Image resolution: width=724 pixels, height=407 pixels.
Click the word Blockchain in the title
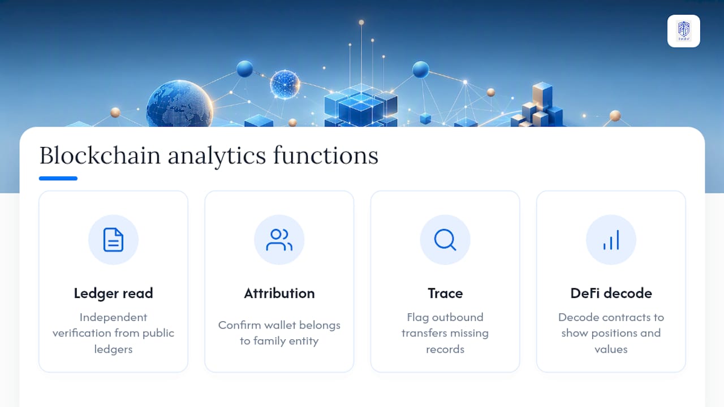pos(100,155)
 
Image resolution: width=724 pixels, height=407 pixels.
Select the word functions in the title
pos(326,155)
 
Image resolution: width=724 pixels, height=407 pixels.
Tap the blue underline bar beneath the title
pos(58,178)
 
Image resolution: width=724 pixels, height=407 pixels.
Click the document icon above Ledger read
pos(113,240)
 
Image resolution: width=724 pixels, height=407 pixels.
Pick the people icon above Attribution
pos(279,240)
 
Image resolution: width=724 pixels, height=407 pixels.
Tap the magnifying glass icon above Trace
pos(445,240)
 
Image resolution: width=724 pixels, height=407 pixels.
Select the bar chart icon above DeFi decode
pos(611,240)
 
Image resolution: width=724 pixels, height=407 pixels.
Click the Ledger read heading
pos(114,293)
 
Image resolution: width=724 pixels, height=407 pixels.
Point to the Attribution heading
pos(279,293)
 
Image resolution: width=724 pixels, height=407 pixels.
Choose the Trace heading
pos(445,293)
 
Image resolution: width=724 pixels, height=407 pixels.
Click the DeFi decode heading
pos(611,293)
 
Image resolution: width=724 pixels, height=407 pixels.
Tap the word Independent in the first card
pos(114,318)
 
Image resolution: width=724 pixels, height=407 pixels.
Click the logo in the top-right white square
pos(684,31)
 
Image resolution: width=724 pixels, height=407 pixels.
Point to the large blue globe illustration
pos(180,104)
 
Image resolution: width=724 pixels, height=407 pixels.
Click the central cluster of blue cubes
pos(361,105)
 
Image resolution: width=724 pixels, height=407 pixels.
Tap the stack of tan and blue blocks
pos(537,105)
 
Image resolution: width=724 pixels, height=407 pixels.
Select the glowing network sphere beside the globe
pos(285,84)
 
